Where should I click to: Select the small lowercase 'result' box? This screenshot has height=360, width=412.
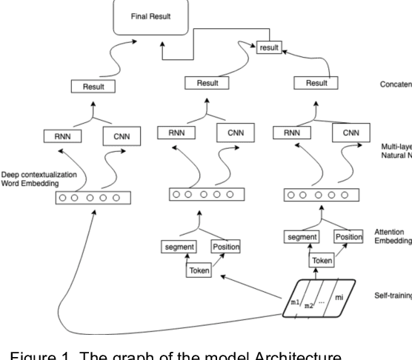click(268, 47)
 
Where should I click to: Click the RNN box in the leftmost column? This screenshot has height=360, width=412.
click(63, 136)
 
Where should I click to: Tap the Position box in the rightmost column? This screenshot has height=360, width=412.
click(348, 236)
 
